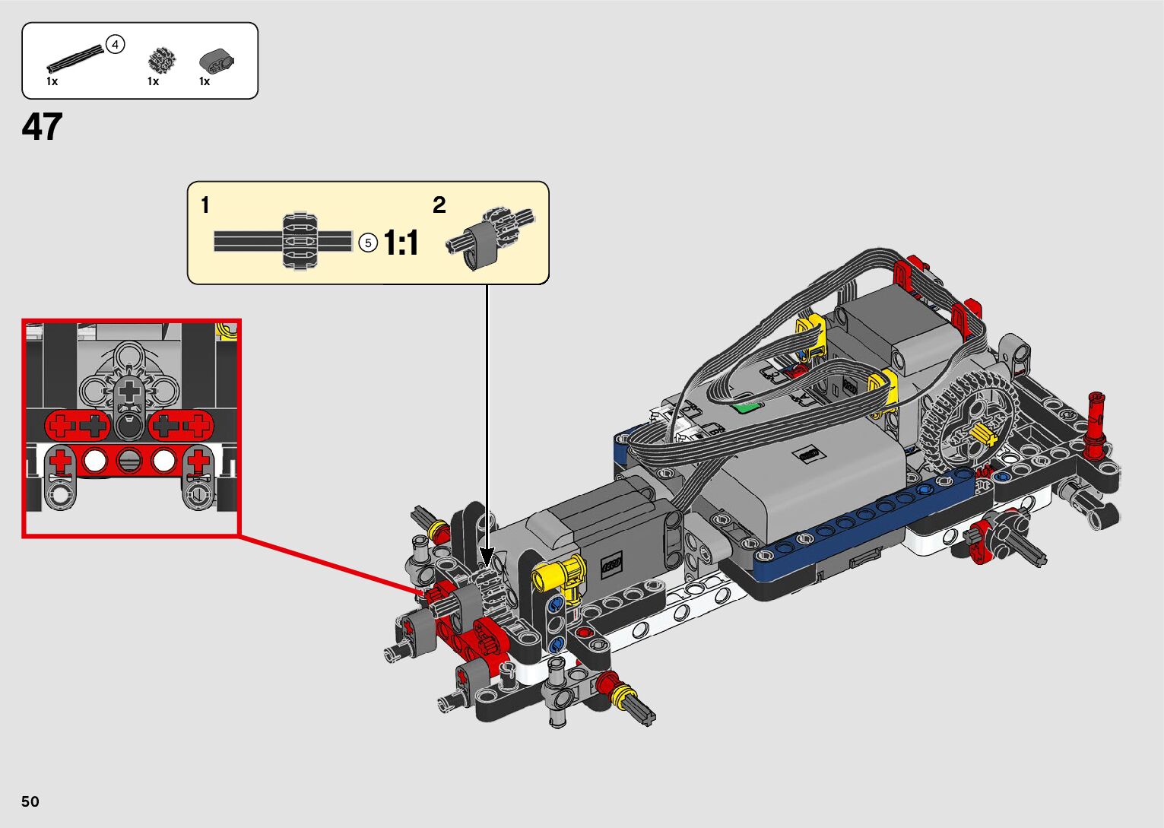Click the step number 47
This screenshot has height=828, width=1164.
pos(42,127)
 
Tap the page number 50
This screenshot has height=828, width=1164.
pos(30,801)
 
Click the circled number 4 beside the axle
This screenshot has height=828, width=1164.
pos(116,45)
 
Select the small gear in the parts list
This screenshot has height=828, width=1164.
pos(162,61)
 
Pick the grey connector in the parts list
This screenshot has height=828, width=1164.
pos(216,61)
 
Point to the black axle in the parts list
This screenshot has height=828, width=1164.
pos(75,59)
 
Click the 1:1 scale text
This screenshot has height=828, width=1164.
pos(401,243)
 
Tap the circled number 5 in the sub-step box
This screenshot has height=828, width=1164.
pos(368,243)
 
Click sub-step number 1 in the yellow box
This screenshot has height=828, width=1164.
pos(205,205)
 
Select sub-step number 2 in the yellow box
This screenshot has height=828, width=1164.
pos(439,205)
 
